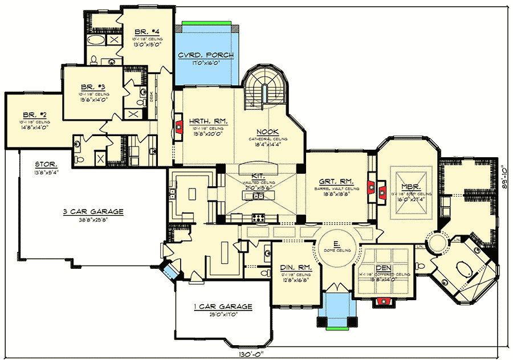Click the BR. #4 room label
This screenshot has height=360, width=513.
point(142,31)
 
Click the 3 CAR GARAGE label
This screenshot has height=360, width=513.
point(93,211)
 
